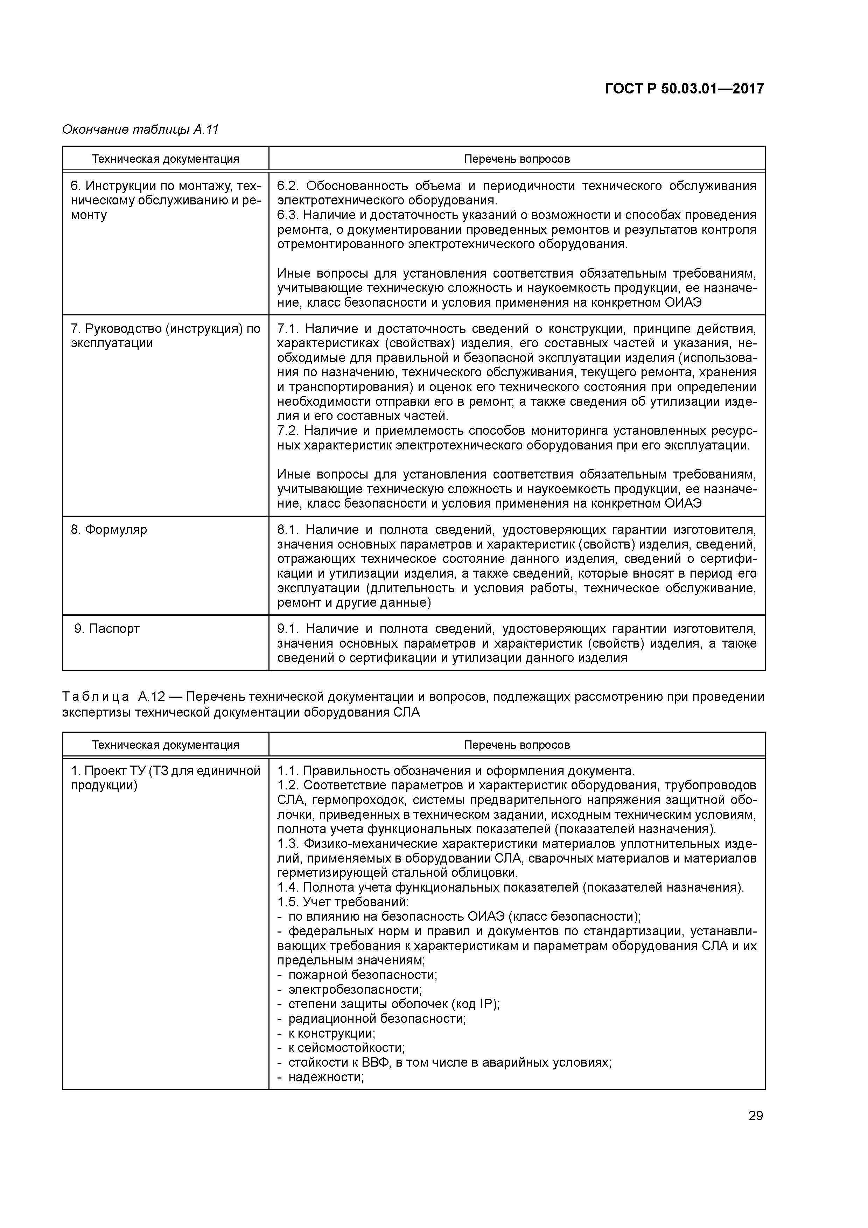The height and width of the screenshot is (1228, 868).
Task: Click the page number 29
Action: pyautogui.click(x=755, y=1116)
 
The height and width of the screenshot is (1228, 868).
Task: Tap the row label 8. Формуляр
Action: pyautogui.click(x=109, y=530)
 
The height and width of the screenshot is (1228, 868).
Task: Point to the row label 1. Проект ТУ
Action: pyautogui.click(x=165, y=771)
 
